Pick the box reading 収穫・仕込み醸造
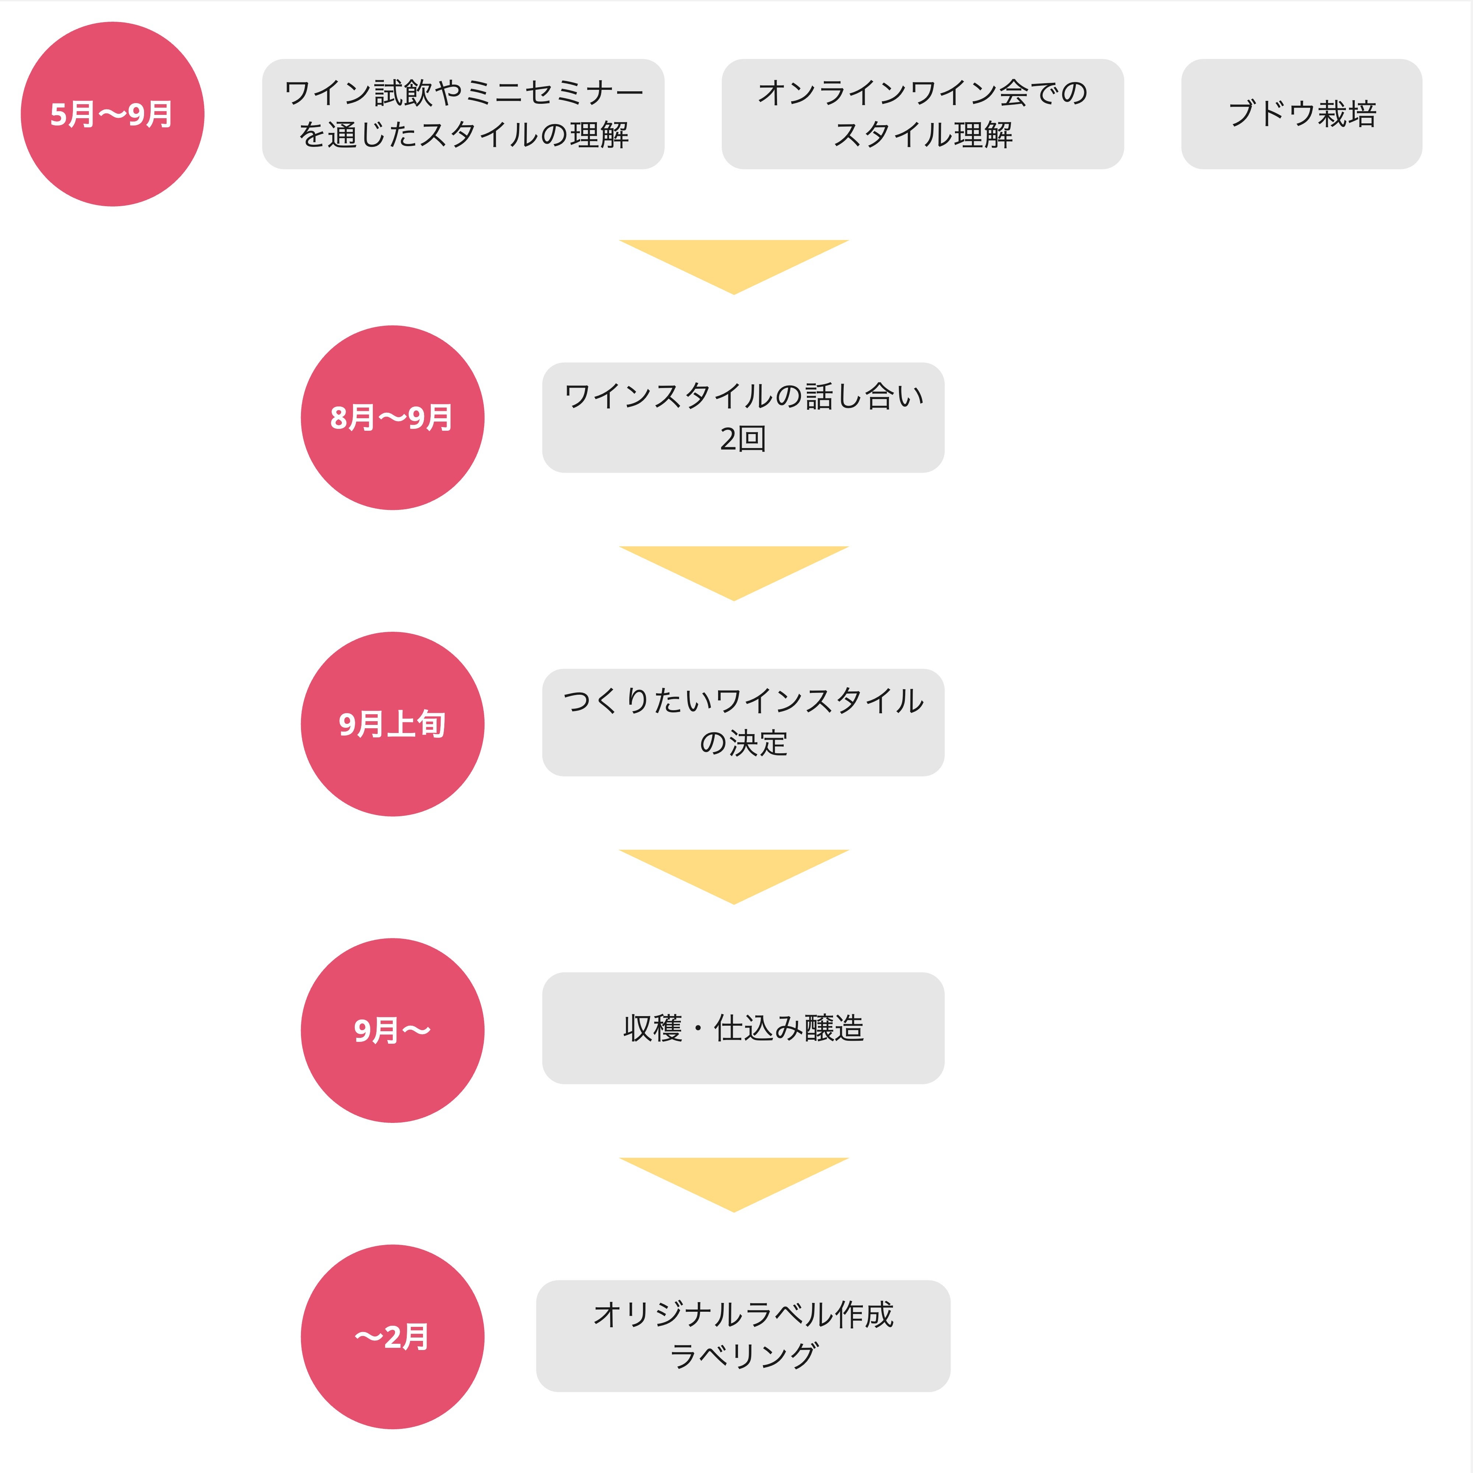tap(743, 1028)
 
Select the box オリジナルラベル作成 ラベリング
tap(743, 1336)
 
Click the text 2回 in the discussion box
tap(743, 439)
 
